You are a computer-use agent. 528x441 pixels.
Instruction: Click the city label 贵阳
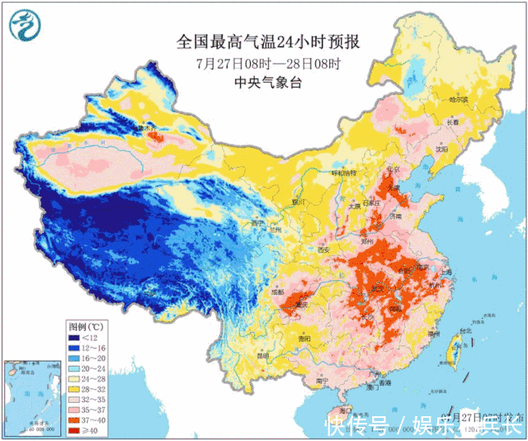pos(305,339)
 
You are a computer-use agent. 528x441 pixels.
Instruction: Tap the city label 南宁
pos(321,381)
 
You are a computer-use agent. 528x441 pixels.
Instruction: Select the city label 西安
pos(323,250)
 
